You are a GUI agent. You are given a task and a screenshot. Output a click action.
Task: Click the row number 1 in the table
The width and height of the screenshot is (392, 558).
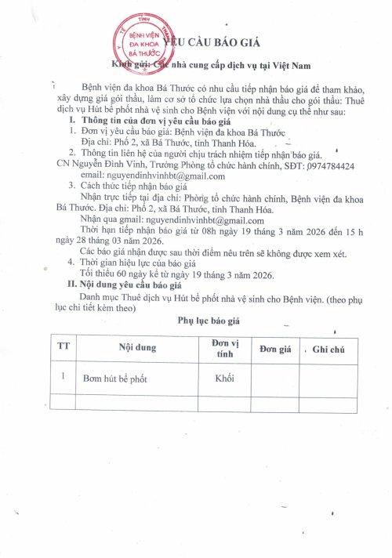click(x=62, y=376)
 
